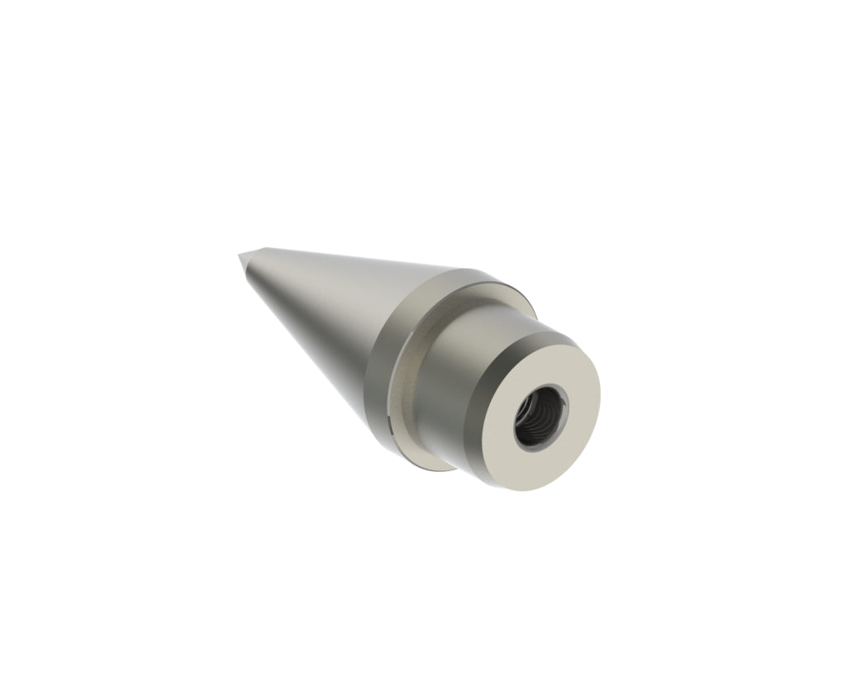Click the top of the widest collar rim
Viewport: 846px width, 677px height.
[x=463, y=277]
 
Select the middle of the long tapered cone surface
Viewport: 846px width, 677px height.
[x=330, y=314]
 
